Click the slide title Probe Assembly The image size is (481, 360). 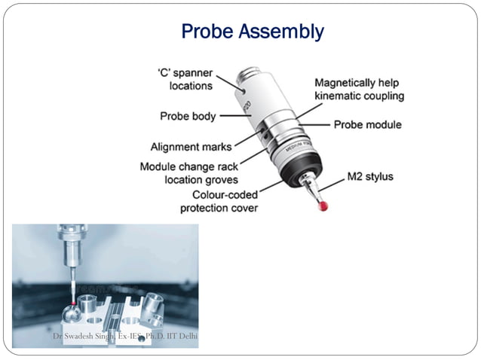click(x=253, y=32)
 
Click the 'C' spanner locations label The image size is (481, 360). click(x=185, y=79)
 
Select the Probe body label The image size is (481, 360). click(x=188, y=116)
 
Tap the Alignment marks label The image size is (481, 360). click(x=191, y=147)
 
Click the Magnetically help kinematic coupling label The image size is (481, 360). click(x=359, y=89)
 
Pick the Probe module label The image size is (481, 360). click(x=368, y=124)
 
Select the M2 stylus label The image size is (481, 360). click(x=369, y=178)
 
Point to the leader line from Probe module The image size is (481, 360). click(x=313, y=124)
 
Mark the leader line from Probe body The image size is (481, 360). click(x=229, y=116)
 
